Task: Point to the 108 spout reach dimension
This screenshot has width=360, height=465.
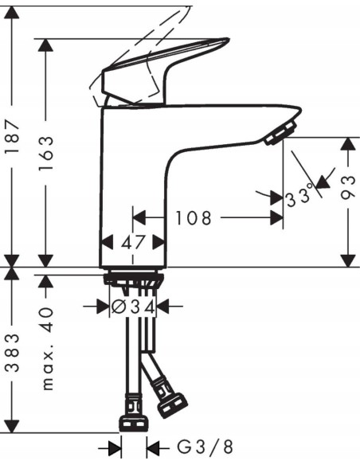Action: pos(194,217)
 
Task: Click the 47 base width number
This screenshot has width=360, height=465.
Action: pos(133,243)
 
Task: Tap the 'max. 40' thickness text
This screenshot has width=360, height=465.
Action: pos(47,350)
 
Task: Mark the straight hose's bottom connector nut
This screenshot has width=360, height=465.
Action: pos(133,421)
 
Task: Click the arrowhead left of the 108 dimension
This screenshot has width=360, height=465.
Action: pos(139,217)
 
